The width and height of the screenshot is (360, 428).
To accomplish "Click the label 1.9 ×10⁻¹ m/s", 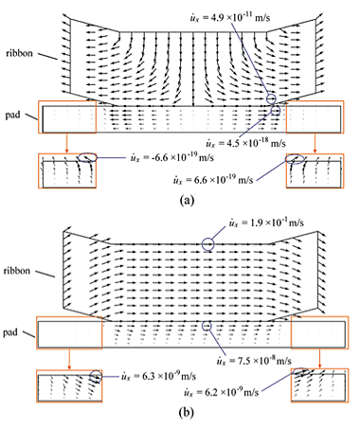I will (x=261, y=225).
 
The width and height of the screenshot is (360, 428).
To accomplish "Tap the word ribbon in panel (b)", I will (x=21, y=272).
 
